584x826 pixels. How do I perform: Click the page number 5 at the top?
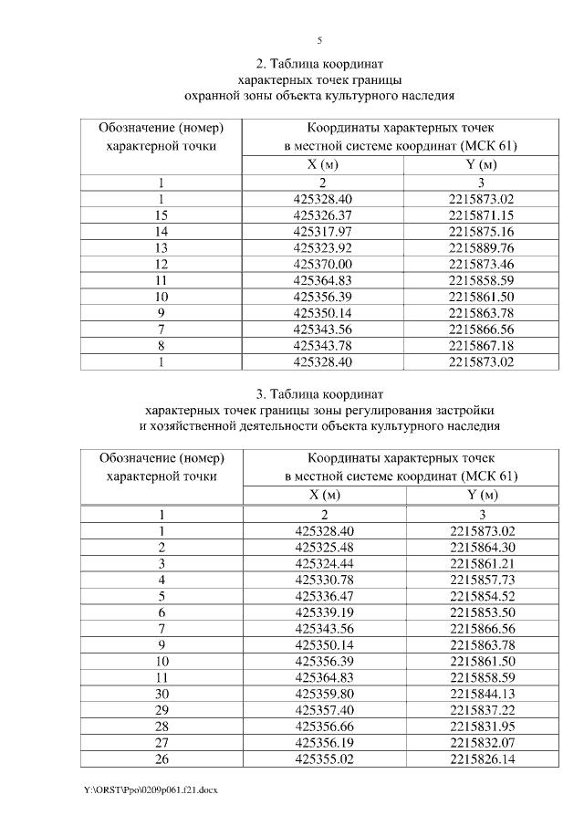[319, 40]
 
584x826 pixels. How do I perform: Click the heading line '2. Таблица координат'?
[319, 63]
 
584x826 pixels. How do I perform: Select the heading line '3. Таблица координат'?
[319, 393]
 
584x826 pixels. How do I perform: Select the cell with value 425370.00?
[322, 263]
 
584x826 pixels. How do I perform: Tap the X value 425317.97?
[322, 231]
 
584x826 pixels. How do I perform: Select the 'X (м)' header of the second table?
[322, 495]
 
